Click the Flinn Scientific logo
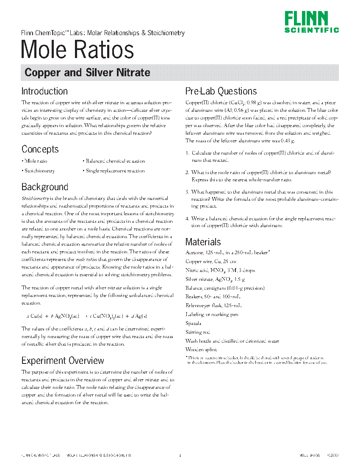click(x=311, y=22)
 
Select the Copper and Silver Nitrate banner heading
click(x=87, y=72)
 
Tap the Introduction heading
click(x=44, y=91)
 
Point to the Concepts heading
click(x=40, y=149)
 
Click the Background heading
click(x=45, y=187)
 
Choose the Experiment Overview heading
click(x=63, y=361)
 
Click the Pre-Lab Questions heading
click(x=221, y=91)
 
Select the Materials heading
click(x=203, y=242)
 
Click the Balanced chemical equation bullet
click(x=114, y=161)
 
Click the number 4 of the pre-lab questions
click(x=187, y=219)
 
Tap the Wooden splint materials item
click(x=201, y=349)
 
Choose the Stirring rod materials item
click(x=198, y=332)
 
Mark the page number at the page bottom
click(x=180, y=455)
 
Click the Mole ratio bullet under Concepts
click(x=36, y=161)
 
